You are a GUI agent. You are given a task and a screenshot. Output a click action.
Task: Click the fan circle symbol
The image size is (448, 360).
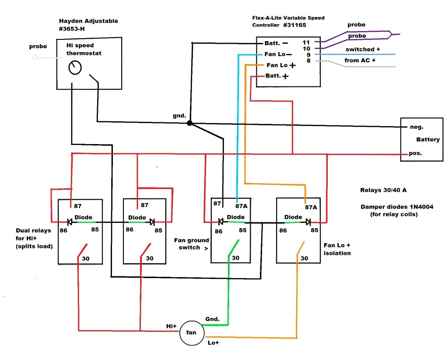(192, 332)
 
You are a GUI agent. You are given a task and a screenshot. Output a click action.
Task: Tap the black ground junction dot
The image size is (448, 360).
(189, 124)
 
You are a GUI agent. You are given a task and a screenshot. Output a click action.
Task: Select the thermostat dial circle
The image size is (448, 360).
(75, 68)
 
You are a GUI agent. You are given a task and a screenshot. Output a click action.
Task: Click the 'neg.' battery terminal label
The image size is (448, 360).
(416, 127)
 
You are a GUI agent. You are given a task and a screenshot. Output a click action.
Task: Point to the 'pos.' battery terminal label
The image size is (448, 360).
(416, 154)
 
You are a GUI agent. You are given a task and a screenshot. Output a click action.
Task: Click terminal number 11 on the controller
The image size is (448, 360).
(306, 42)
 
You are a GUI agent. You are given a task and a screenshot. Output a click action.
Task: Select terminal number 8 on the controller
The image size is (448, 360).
(308, 61)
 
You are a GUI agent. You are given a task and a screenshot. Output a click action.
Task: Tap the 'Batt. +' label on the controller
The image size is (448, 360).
(277, 76)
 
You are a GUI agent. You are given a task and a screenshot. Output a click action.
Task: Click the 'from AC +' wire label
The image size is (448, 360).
(360, 60)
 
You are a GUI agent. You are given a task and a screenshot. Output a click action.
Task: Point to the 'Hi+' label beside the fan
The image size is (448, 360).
(171, 326)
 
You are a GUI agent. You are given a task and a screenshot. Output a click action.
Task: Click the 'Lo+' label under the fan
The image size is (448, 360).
(213, 342)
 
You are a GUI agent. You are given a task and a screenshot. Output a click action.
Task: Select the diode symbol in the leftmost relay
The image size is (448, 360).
(70, 222)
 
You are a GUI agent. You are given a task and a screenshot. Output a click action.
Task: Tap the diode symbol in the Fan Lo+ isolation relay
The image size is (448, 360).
(308, 222)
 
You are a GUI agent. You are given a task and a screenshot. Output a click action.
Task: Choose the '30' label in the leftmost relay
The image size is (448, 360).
(86, 258)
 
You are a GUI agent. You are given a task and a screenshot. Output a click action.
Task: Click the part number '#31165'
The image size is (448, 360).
(294, 25)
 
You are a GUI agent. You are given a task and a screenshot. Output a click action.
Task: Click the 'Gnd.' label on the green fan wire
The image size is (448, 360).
(213, 319)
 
